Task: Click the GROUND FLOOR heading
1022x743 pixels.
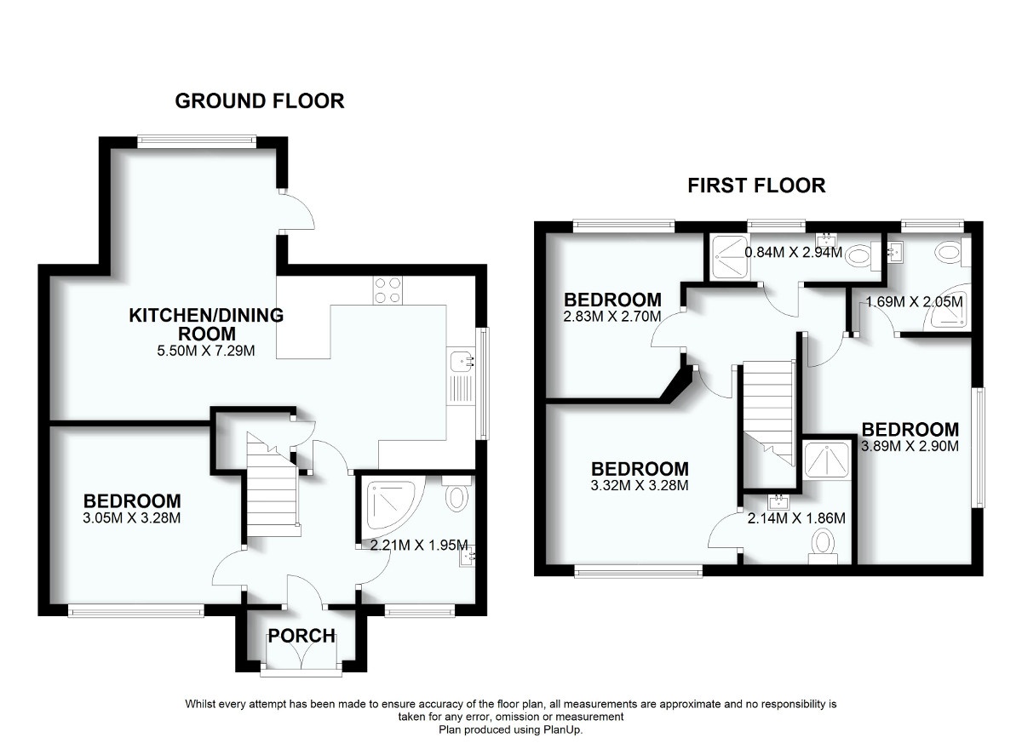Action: [x=259, y=101]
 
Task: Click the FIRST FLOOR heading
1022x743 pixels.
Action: [x=756, y=186]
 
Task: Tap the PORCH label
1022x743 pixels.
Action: [x=302, y=637]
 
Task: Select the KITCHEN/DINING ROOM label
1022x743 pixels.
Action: [x=206, y=324]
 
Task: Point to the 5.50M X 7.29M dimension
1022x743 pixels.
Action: [x=206, y=350]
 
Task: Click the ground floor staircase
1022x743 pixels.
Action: [x=273, y=494]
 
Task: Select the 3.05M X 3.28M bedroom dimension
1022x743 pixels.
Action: [x=131, y=517]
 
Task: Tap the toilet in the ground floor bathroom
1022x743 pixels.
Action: [x=456, y=496]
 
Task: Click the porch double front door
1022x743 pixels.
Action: [x=302, y=660]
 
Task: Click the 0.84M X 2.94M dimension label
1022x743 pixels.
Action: [x=793, y=253]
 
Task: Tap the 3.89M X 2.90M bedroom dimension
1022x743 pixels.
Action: [x=910, y=446]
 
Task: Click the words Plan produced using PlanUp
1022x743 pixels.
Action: [x=511, y=729]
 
